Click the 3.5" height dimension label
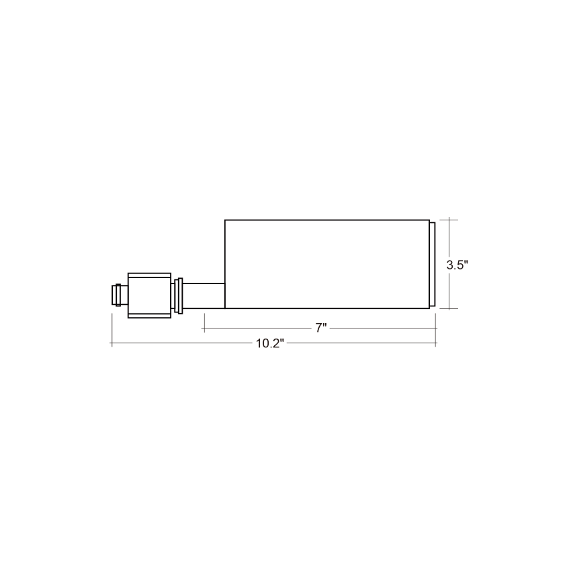pyautogui.click(x=457, y=265)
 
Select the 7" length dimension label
pyautogui.click(x=321, y=328)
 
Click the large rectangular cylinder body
pyautogui.click(x=326, y=264)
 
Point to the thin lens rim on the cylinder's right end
pyautogui.click(x=432, y=264)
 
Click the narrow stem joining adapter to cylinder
pyautogui.click(x=203, y=296)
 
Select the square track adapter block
pyautogui.click(x=149, y=296)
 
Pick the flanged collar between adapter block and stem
pyautogui.click(x=178, y=296)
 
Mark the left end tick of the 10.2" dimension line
pyautogui.click(x=112, y=344)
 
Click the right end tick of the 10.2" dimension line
pyautogui.click(x=436, y=344)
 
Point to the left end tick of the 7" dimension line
pyautogui.click(x=204, y=328)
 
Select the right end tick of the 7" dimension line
pyautogui.click(x=436, y=328)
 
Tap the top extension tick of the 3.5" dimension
pyautogui.click(x=449, y=220)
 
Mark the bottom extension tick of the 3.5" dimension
pyautogui.click(x=449, y=308)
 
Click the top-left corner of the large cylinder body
pyautogui.click(x=225, y=220)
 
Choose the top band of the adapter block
pyautogui.click(x=149, y=275)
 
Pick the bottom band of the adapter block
pyautogui.click(x=149, y=315)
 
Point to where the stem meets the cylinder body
pyautogui.click(x=224, y=296)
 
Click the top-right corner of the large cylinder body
pyautogui.click(x=429, y=220)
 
